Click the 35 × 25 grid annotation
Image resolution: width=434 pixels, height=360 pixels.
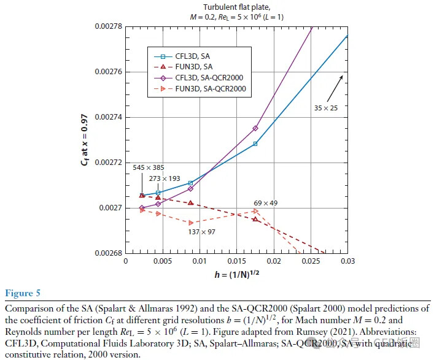pos(325,108)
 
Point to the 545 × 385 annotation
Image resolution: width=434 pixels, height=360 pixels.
pos(148,167)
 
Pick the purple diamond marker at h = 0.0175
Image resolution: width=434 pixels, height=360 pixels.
pos(255,128)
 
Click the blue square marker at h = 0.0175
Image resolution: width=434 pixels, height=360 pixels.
pos(255,144)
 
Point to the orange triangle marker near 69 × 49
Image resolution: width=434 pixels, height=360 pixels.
pos(255,211)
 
